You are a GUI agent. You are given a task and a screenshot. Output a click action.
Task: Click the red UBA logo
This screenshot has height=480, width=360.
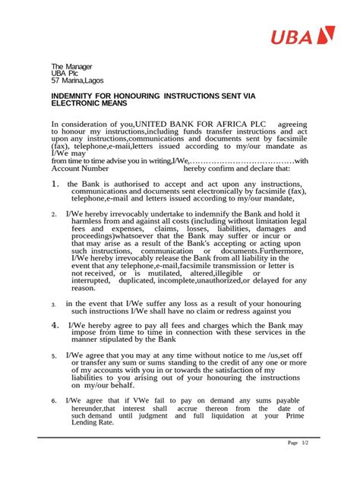(311, 35)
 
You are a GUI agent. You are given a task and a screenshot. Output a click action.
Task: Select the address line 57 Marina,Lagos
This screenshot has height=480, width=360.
(77, 80)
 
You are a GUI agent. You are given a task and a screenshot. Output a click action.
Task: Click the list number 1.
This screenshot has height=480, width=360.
(55, 185)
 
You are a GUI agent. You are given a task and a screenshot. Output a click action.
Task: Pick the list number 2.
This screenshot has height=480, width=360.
(55, 215)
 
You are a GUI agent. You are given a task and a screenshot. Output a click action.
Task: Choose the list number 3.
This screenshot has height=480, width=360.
(55, 305)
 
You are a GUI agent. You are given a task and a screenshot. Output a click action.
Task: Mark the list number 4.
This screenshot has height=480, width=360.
(55, 325)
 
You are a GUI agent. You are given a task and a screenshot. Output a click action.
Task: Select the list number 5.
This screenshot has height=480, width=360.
(55, 355)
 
